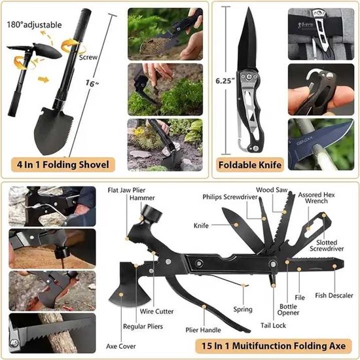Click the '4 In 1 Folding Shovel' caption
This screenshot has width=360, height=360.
[x=65, y=164]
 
